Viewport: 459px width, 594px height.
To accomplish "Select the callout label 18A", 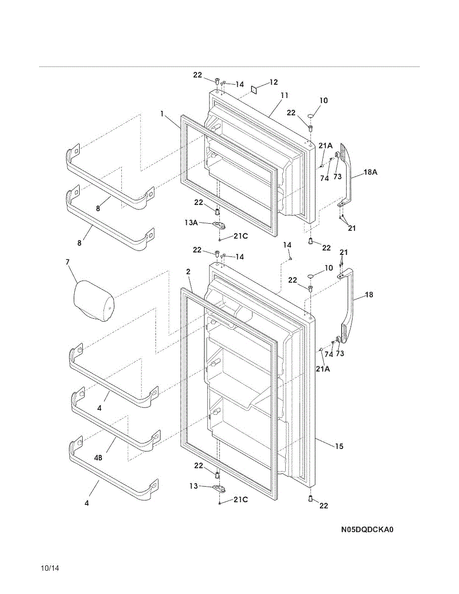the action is [x=370, y=172].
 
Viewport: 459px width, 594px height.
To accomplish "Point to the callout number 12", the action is [x=273, y=82].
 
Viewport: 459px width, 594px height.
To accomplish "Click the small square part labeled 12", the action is [x=254, y=89].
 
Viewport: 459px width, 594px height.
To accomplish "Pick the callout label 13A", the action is [x=191, y=223].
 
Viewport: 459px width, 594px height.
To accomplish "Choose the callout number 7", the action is [x=67, y=262].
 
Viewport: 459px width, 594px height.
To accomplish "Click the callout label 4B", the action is [x=98, y=457].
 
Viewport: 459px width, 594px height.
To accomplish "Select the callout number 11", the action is [x=284, y=96].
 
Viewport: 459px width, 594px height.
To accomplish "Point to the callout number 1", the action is [x=162, y=114].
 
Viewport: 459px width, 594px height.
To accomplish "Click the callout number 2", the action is [x=188, y=272].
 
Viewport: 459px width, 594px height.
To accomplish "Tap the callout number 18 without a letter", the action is [x=369, y=295].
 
